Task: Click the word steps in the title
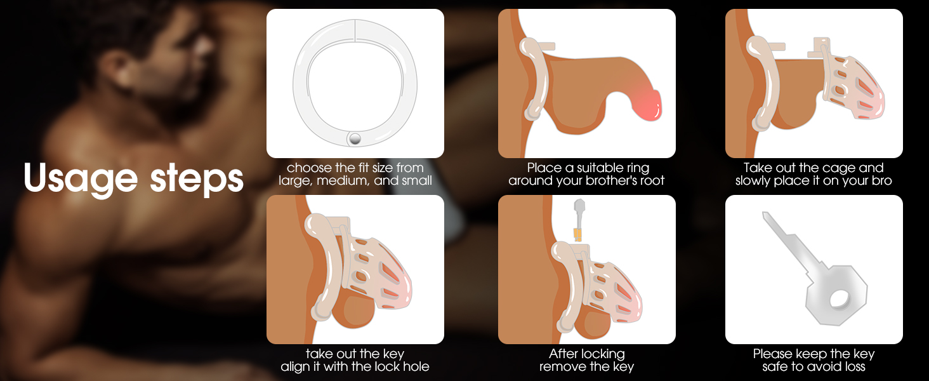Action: pos(197,179)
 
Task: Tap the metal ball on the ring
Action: pos(355,139)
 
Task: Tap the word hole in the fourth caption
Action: pos(416,366)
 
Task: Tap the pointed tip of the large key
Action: pos(765,215)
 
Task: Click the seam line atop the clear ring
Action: pos(355,30)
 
